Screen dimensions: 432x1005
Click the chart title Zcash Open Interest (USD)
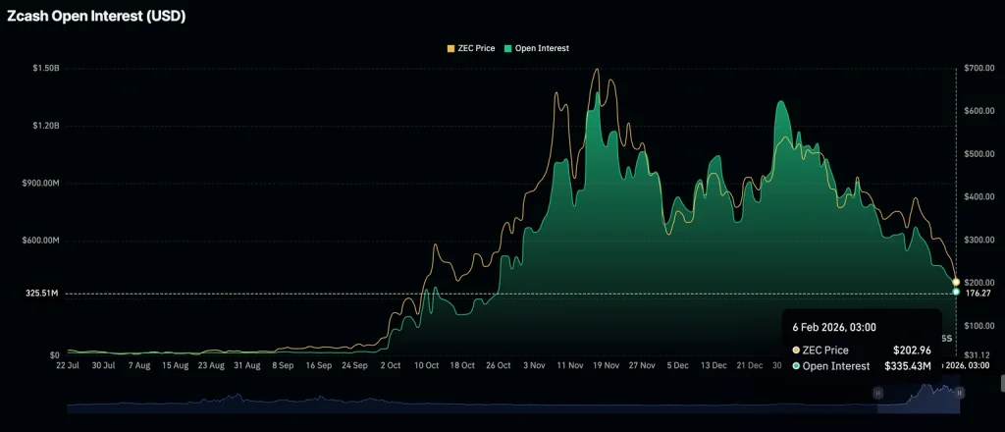(x=96, y=16)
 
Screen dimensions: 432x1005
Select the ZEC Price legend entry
(x=471, y=48)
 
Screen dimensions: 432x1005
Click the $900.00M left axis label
(x=38, y=184)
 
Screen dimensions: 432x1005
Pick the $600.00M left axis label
(x=38, y=241)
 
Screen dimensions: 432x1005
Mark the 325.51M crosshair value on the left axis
(x=41, y=294)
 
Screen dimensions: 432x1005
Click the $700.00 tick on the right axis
(x=979, y=69)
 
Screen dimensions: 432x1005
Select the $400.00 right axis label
(x=979, y=197)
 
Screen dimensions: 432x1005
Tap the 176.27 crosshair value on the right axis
(x=979, y=293)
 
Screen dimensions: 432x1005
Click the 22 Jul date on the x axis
(x=68, y=365)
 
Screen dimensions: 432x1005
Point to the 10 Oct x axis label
(x=426, y=365)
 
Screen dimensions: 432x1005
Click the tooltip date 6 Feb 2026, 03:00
(x=834, y=328)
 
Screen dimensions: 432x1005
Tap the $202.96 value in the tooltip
(x=913, y=350)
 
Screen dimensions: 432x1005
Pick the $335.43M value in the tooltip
(x=908, y=366)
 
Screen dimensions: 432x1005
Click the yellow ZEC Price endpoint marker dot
(x=956, y=282)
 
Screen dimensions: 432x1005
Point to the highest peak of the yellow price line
(x=597, y=70)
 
